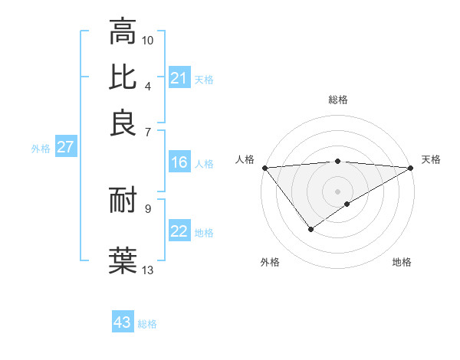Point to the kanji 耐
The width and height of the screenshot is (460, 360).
(123, 201)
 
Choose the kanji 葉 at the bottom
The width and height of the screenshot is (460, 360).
(123, 259)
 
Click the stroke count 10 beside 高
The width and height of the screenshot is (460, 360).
(148, 40)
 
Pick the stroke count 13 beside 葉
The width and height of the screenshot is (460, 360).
(148, 270)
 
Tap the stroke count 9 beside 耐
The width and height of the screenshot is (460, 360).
(148, 208)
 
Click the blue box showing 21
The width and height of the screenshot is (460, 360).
(179, 78)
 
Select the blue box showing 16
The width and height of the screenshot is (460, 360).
(179, 162)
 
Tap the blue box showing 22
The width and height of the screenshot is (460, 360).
(179, 231)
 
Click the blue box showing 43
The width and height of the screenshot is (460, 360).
(123, 322)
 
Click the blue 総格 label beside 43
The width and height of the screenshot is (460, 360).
(147, 324)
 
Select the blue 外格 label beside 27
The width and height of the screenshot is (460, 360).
(41, 149)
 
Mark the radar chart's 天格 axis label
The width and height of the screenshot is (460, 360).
(431, 159)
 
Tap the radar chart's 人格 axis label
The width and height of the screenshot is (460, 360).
(245, 159)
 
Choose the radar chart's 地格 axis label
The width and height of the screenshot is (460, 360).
(402, 262)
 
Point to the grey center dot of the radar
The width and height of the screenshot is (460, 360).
(337, 191)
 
